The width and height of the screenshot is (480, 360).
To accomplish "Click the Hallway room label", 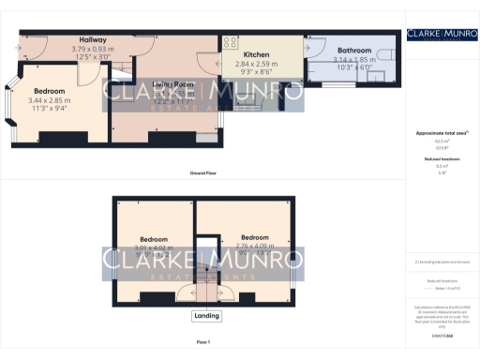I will pyautogui.click(x=93, y=40).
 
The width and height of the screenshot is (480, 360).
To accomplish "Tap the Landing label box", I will pyautogui.click(x=206, y=316).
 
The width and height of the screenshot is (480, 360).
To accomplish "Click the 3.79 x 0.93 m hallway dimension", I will pyautogui.click(x=93, y=49).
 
